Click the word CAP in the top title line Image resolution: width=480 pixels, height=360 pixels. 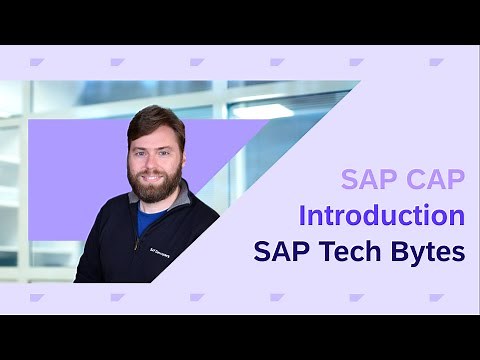pyautogui.click(x=432, y=180)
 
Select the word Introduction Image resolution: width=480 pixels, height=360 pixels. pyautogui.click(x=381, y=215)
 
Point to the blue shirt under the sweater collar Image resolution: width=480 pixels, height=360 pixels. pyautogui.click(x=150, y=217)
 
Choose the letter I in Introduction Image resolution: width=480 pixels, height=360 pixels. pyautogui.click(x=303, y=215)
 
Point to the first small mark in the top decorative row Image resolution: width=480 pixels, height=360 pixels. pyautogui.click(x=37, y=62)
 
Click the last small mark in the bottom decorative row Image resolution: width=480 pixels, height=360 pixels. pyautogui.click(x=437, y=297)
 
